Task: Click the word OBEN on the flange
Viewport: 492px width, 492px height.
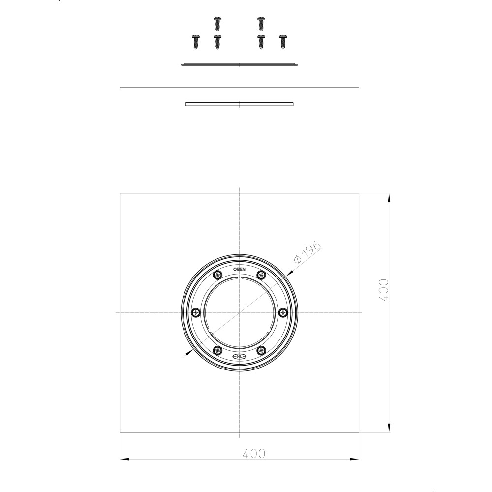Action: (240, 269)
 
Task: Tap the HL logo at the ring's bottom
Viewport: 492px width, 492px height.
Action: (240, 356)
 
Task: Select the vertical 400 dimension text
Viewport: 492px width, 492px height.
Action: (384, 290)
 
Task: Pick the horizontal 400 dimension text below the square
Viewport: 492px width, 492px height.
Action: (254, 453)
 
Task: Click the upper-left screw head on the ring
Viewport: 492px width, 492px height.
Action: (217, 275)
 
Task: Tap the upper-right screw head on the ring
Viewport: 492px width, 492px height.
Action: (261, 275)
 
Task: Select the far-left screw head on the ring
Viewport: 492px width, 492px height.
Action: (196, 312)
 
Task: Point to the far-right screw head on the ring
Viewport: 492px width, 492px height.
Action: (283, 312)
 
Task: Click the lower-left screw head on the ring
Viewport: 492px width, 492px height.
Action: (217, 350)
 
